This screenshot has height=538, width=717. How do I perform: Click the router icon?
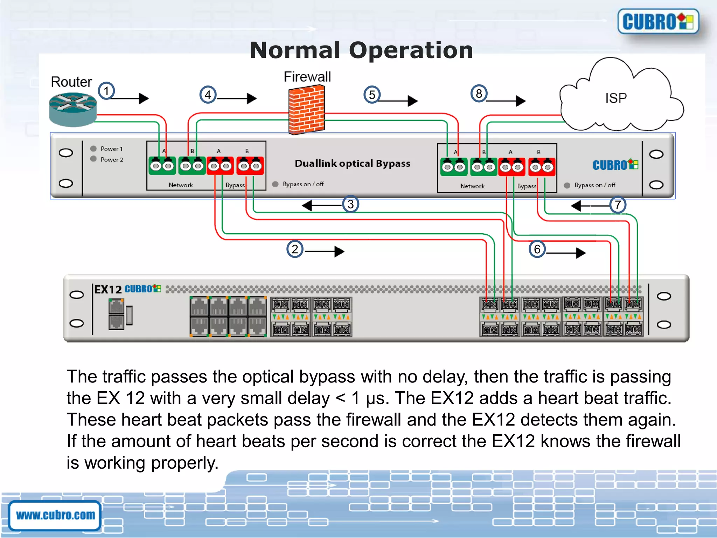coord(73,109)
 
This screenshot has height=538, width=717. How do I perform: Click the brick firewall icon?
coord(306,110)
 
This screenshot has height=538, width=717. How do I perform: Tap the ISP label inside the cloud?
coord(616,98)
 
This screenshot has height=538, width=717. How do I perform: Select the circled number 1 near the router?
coord(106,91)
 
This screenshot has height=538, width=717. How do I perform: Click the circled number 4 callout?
coord(208,95)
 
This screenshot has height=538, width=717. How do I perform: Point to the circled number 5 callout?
coord(372,95)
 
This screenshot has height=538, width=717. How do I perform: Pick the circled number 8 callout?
coord(479,94)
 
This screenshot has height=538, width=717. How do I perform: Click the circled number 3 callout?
coord(350,204)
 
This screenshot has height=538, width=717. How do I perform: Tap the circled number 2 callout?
coord(295,249)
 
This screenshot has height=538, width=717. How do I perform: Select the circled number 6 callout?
coord(537,249)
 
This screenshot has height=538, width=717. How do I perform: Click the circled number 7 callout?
coord(618,205)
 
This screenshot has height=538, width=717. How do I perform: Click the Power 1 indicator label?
coord(111,149)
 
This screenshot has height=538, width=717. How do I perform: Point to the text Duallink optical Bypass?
coord(352,164)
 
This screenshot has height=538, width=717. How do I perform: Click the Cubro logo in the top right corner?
coord(658,22)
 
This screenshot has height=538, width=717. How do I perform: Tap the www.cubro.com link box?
coord(55,515)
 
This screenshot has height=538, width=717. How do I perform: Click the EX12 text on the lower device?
coord(108,289)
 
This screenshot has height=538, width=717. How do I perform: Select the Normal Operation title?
coord(361,50)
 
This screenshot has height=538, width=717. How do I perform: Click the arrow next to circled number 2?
coord(325,251)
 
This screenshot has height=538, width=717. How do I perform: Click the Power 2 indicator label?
coord(112,159)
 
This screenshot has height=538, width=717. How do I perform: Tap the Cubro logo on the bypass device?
coord(615,165)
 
